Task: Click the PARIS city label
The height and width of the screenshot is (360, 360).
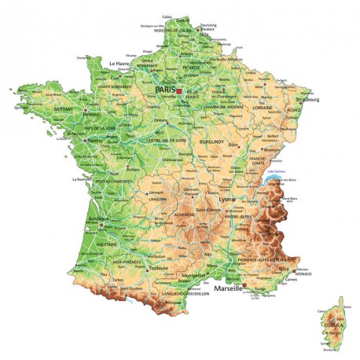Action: coord(165,90)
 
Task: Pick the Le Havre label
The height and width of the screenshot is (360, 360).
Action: coord(122,64)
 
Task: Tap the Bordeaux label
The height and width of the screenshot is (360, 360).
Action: coord(99,219)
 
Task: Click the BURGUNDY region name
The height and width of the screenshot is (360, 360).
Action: coord(212,142)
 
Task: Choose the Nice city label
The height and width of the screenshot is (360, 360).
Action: coord(285,267)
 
